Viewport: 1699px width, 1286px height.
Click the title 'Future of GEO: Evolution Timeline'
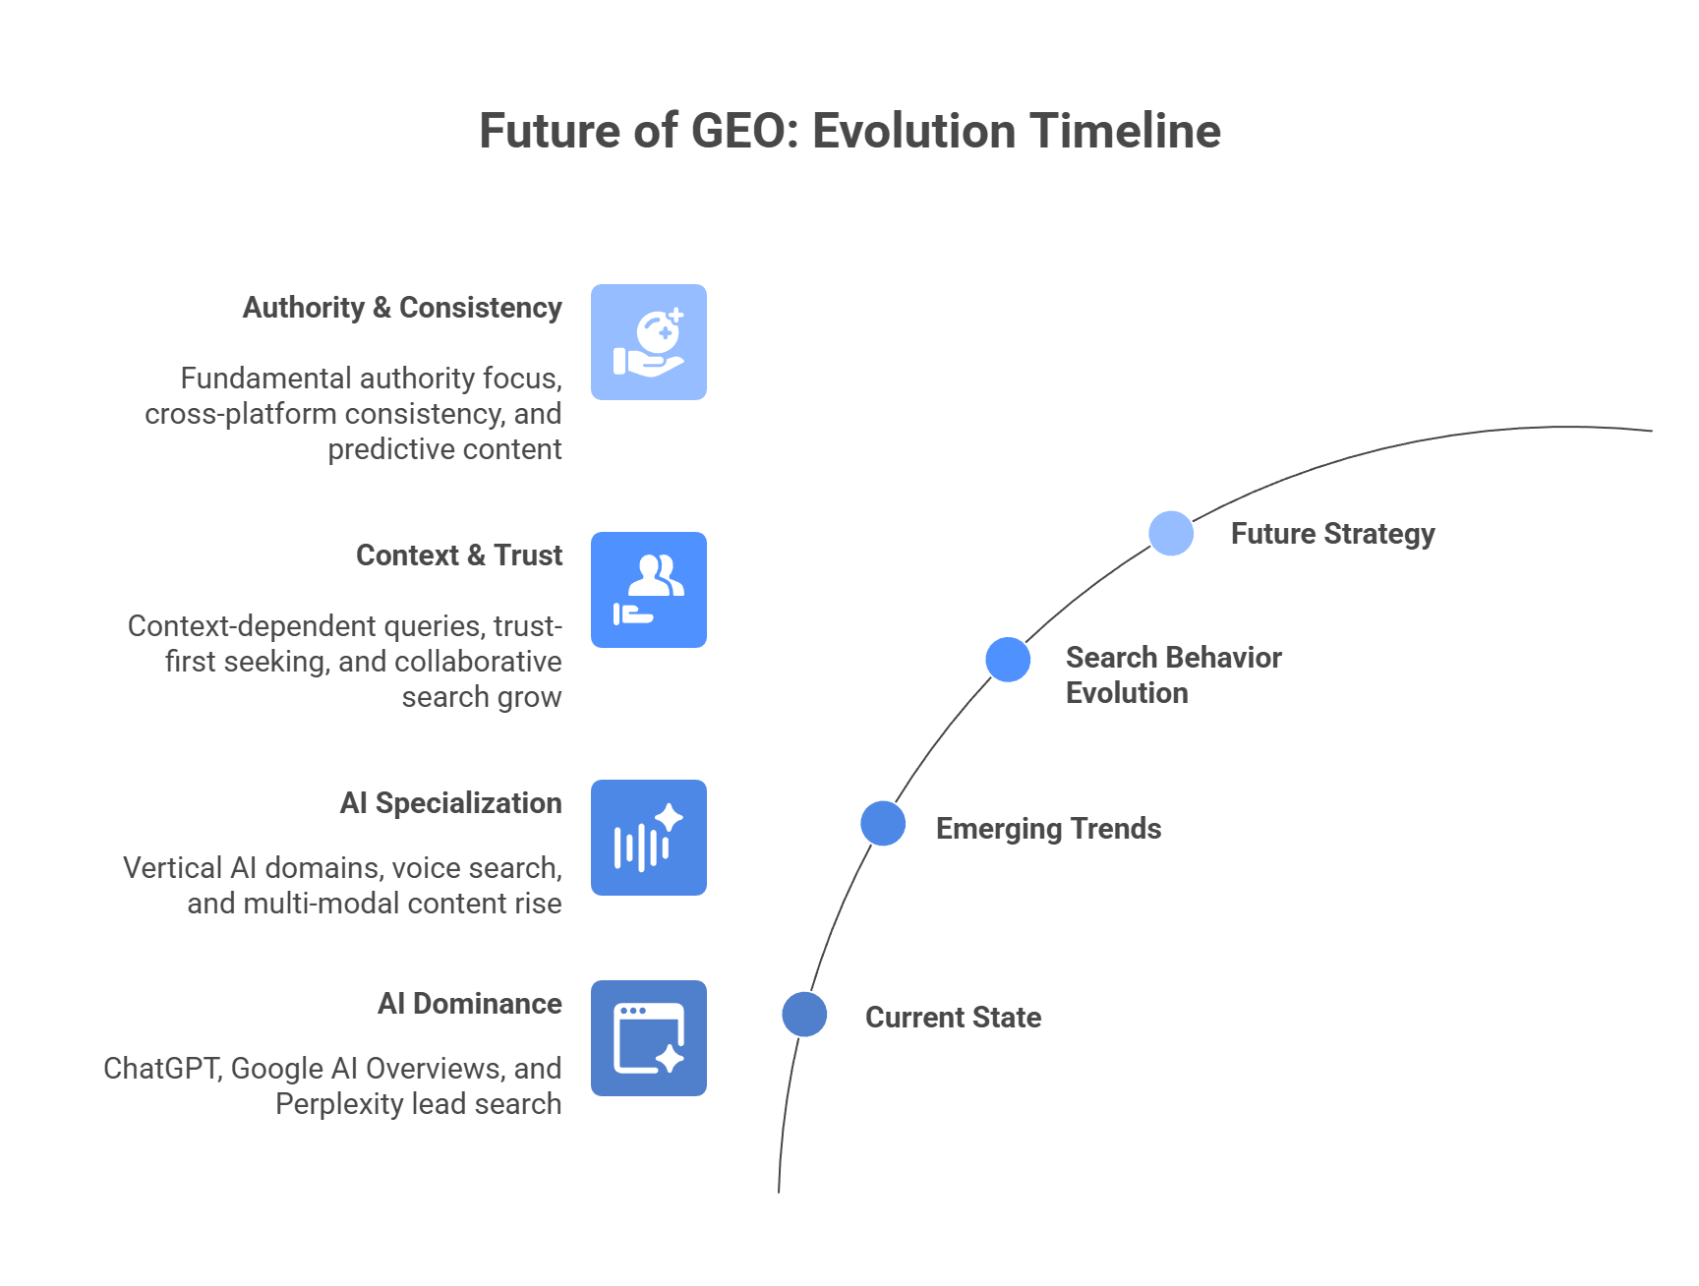click(849, 131)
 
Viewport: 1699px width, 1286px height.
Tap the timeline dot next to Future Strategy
click(1171, 534)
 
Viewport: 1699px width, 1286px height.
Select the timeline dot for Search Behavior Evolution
click(1008, 659)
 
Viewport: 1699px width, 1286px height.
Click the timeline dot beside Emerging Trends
click(883, 823)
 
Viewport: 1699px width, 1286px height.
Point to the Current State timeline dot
click(804, 1014)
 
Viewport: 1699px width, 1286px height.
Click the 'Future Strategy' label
click(1332, 534)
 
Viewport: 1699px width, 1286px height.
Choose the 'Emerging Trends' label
click(1048, 829)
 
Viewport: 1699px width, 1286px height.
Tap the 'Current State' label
click(953, 1017)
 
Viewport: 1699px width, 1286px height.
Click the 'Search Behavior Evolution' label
click(1173, 674)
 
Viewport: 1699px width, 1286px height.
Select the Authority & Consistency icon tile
click(649, 342)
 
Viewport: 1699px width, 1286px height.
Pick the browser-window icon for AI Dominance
click(649, 1038)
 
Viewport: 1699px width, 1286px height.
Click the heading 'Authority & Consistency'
click(402, 308)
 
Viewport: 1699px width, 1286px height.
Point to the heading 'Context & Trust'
click(459, 555)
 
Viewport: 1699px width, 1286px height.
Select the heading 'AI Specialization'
click(450, 803)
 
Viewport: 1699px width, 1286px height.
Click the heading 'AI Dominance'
click(469, 1004)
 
